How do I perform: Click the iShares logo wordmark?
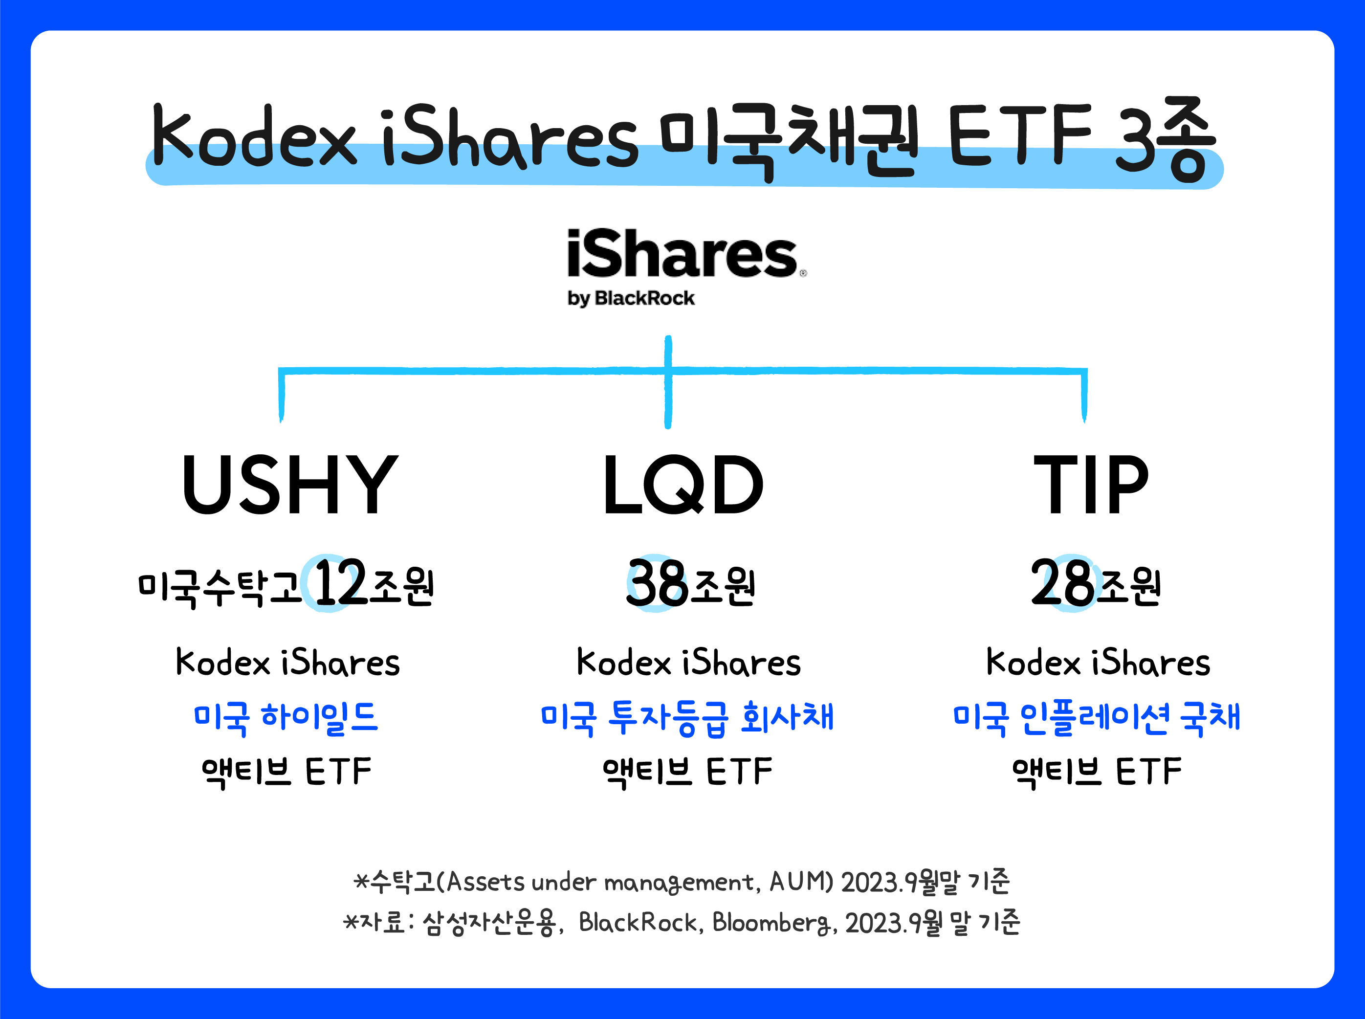(682, 254)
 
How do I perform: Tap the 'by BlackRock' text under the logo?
(631, 299)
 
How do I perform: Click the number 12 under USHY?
(339, 582)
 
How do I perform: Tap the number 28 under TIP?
(1062, 582)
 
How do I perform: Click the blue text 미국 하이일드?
(286, 718)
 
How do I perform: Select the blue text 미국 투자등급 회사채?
(686, 718)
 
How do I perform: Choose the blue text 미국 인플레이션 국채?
(1096, 718)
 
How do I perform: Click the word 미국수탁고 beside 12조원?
(219, 587)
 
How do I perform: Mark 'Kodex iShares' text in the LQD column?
(688, 663)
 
